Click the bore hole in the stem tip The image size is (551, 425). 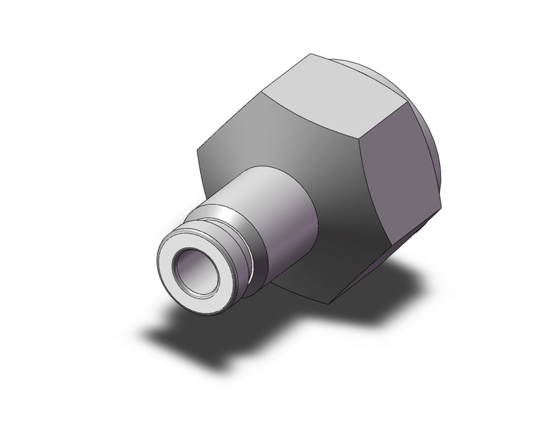click(192, 265)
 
